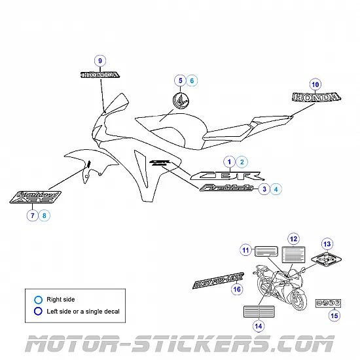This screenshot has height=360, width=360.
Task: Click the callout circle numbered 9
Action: pos(100,61)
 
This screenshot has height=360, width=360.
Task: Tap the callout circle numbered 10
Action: pos(315,84)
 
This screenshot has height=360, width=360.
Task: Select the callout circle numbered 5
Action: pos(179,81)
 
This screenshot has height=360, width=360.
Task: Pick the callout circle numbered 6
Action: pos(192,81)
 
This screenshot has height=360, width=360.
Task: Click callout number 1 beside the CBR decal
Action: pos(229,161)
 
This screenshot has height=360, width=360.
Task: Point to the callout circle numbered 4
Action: pos(277,189)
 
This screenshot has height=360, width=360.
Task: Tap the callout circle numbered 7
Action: pos(31,215)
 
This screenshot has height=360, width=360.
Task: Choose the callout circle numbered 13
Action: pos(327,243)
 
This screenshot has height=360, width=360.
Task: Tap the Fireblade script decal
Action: pos(227,189)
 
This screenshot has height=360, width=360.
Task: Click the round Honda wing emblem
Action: pos(180,100)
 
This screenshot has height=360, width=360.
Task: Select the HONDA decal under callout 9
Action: pos(99,75)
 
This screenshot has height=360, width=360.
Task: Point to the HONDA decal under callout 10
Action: pos(315,98)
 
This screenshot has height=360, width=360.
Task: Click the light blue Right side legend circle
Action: pos(39,300)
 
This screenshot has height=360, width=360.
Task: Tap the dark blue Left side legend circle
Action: pos(39,311)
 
